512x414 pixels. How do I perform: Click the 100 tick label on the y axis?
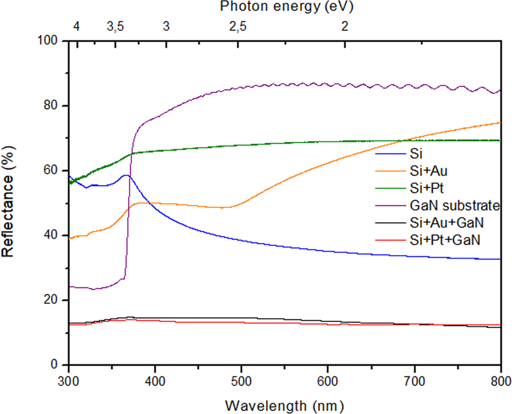[49, 41]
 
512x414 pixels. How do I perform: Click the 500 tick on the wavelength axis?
[241, 380]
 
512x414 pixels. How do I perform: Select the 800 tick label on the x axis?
[500, 380]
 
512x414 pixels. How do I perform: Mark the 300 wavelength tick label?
[69, 380]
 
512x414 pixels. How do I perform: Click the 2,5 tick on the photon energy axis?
[238, 26]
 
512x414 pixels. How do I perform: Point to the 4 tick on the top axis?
[76, 26]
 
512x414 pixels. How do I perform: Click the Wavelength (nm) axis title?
[285, 403]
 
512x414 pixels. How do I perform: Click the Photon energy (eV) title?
[286, 8]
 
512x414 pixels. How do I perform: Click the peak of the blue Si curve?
[125, 175]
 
